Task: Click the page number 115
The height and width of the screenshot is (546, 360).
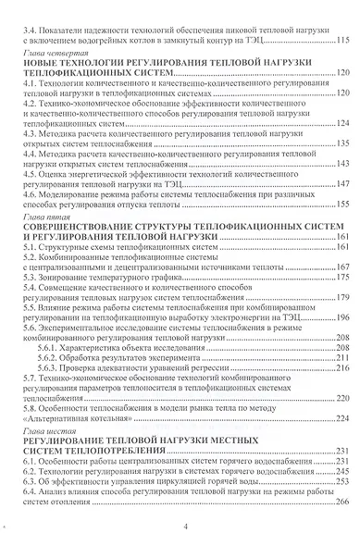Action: click(341, 40)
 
